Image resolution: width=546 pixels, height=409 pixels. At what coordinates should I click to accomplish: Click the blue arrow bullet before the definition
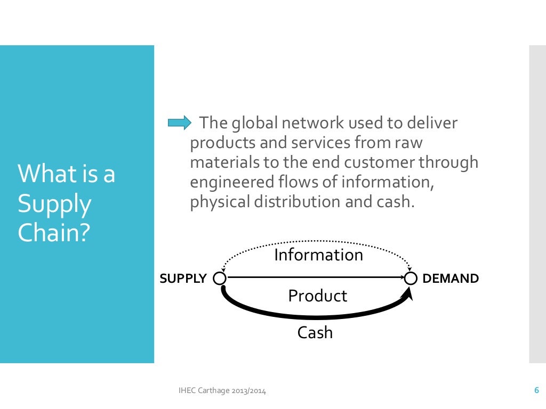[x=179, y=124]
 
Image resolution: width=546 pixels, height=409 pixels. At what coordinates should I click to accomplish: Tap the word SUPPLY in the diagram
[x=183, y=279]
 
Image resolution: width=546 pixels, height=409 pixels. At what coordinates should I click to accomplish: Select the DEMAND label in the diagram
[x=451, y=279]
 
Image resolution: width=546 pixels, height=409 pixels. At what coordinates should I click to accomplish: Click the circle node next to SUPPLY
[x=219, y=278]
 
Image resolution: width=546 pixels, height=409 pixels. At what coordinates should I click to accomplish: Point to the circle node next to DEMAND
[x=410, y=278]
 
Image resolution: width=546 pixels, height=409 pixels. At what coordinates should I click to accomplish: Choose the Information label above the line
[x=318, y=255]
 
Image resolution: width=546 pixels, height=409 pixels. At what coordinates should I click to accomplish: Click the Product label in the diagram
[x=317, y=296]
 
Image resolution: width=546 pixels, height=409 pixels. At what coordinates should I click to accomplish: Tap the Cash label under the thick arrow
[x=315, y=333]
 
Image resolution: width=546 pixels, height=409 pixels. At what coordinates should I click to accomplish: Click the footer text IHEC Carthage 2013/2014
[x=222, y=391]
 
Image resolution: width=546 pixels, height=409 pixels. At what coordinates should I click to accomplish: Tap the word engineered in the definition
[x=228, y=183]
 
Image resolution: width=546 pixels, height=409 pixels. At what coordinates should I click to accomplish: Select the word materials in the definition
[x=220, y=163]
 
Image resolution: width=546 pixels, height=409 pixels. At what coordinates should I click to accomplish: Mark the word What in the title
[x=43, y=175]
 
